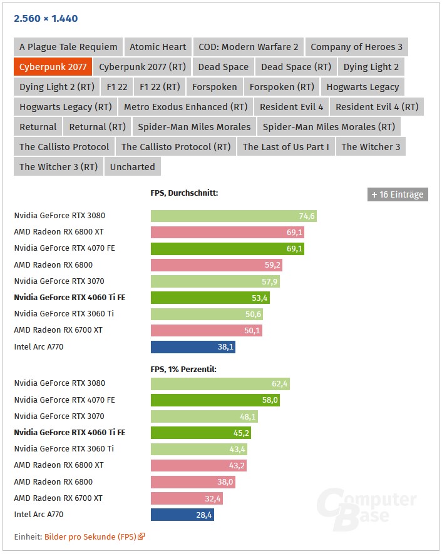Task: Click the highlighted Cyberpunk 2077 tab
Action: pos(53,67)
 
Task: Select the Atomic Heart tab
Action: pos(158,47)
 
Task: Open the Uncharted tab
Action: pos(132,167)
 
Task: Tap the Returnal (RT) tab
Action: pos(97,127)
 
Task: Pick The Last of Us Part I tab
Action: pos(285,147)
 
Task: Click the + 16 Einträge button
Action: pos(398,194)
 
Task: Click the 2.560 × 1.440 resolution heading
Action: pos(46,18)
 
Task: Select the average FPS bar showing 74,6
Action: pos(234,216)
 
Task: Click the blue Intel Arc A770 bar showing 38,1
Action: pos(193,347)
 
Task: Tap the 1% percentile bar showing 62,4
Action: pos(220,384)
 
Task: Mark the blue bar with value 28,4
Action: pos(182,515)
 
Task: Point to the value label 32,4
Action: pos(213,498)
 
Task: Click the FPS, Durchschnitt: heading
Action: pos(184,193)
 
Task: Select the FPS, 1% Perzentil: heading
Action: pos(183,370)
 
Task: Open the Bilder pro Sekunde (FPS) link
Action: pos(94,536)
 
